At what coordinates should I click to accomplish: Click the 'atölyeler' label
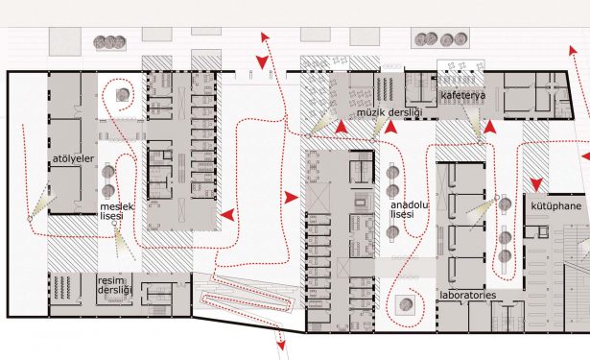(73, 159)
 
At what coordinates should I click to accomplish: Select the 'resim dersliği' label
(115, 285)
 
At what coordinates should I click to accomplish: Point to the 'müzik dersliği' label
(389, 112)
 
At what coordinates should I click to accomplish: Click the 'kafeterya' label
(462, 95)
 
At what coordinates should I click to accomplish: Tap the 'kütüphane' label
(556, 206)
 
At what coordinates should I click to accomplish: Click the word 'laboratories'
(468, 295)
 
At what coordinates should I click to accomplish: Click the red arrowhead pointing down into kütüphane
(536, 184)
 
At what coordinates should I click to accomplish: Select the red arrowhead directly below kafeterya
(490, 127)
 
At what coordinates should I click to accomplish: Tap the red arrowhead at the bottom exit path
(281, 345)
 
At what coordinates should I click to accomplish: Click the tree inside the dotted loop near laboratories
(405, 304)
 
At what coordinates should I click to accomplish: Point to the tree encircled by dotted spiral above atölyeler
(123, 94)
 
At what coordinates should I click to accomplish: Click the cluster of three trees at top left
(109, 42)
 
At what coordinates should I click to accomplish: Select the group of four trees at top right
(440, 38)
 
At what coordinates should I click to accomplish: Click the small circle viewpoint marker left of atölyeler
(30, 219)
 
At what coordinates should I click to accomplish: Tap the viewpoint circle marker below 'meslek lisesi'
(115, 224)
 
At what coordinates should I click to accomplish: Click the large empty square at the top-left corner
(65, 41)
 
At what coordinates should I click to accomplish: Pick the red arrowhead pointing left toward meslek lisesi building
(227, 215)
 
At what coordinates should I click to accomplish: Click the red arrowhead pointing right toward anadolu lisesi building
(291, 197)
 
